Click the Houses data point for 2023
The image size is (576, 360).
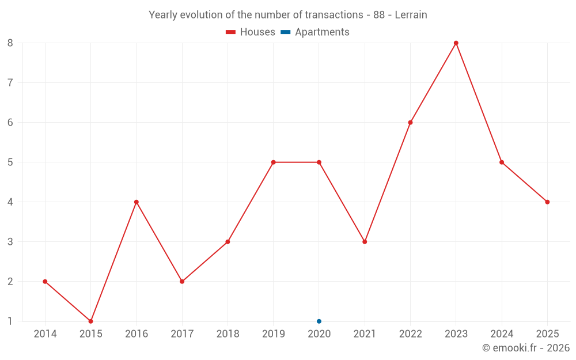click(x=456, y=43)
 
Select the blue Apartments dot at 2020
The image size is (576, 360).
click(x=319, y=321)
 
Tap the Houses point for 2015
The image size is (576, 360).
click(x=90, y=321)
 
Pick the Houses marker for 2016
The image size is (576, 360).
click(x=137, y=202)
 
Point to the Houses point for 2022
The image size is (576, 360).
click(x=410, y=122)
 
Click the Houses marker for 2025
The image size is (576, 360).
click(x=547, y=202)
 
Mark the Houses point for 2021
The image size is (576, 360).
click(x=365, y=241)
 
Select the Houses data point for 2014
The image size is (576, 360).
click(x=45, y=281)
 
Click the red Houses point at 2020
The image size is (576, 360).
click(x=319, y=162)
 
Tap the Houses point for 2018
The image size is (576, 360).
click(x=228, y=241)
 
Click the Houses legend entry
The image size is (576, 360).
click(x=251, y=32)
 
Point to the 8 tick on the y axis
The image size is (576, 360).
click(x=10, y=43)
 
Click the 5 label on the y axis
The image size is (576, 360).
click(x=10, y=162)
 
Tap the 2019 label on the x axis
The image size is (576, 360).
click(x=273, y=334)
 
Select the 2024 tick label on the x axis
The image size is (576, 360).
click(x=502, y=334)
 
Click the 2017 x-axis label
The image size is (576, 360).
click(x=182, y=334)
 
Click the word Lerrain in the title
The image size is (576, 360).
click(x=411, y=15)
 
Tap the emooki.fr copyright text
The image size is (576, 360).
click(x=526, y=348)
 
